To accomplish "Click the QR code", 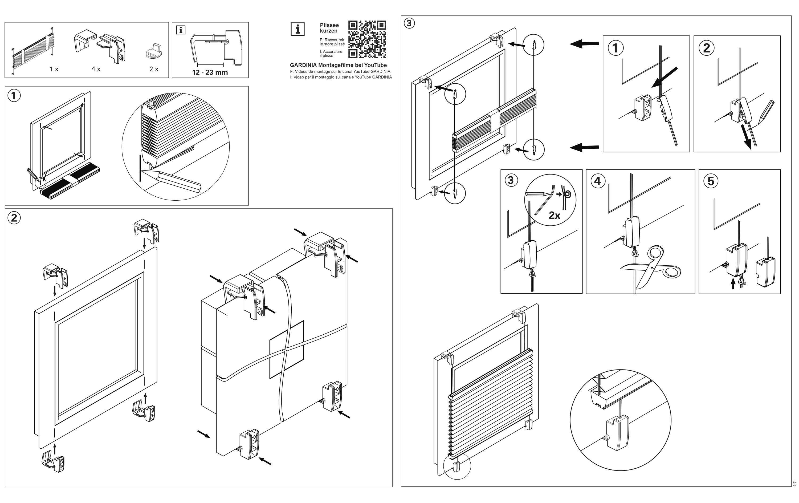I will (x=367, y=39).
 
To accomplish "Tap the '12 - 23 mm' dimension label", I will (x=210, y=72).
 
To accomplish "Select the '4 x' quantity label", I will (x=96, y=69).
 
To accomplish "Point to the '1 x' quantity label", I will (x=54, y=69).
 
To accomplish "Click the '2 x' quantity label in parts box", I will (x=154, y=69).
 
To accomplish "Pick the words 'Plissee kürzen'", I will (x=329, y=28).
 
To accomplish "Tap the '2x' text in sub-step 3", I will (x=554, y=216).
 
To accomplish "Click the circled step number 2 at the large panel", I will (x=14, y=218).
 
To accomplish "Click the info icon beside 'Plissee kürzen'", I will (x=298, y=29).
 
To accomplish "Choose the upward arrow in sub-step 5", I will (x=733, y=284).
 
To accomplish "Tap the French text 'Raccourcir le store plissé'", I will (x=332, y=42).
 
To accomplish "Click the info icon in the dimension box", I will (x=181, y=30).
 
